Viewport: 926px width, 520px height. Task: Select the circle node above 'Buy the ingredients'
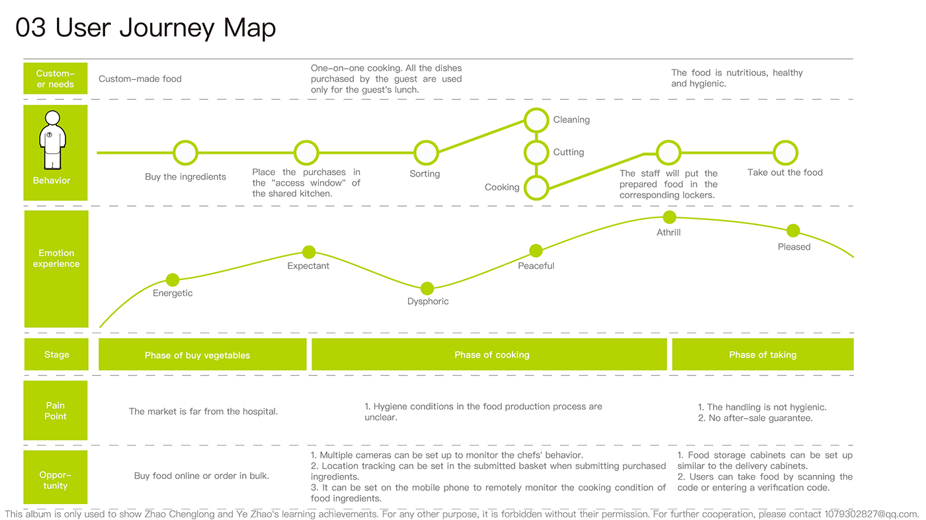(186, 153)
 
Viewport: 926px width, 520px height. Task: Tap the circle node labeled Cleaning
(537, 120)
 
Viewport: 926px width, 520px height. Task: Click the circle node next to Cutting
(537, 153)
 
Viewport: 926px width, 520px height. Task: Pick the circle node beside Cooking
(537, 188)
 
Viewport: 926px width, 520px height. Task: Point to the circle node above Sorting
(426, 153)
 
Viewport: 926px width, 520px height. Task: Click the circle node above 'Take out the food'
(785, 153)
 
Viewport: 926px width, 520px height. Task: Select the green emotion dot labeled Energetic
(173, 279)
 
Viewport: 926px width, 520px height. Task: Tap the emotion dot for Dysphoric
(427, 288)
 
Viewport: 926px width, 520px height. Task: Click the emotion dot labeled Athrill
(669, 217)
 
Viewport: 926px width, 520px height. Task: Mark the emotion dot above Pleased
(793, 231)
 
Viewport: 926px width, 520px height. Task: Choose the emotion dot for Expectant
(309, 252)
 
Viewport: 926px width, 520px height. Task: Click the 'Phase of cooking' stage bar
(491, 355)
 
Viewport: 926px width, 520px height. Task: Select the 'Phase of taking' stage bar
(763, 355)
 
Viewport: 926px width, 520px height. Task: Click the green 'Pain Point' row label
(56, 410)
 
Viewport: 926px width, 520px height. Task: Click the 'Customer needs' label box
(56, 79)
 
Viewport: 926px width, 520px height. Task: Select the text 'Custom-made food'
(140, 79)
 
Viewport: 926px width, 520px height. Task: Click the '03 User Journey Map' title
(146, 28)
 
